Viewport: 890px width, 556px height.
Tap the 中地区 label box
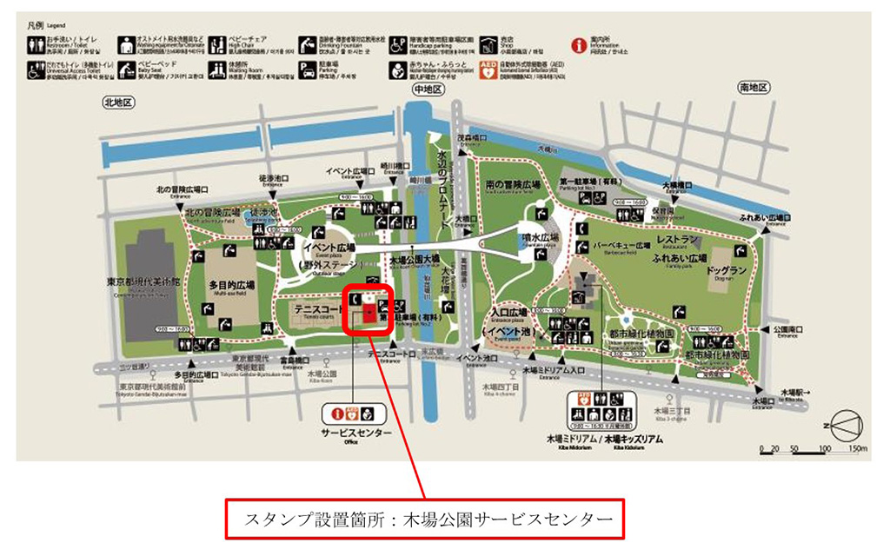[x=428, y=89]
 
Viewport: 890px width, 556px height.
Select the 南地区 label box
[x=754, y=88]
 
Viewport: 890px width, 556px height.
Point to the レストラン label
[x=679, y=238]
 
